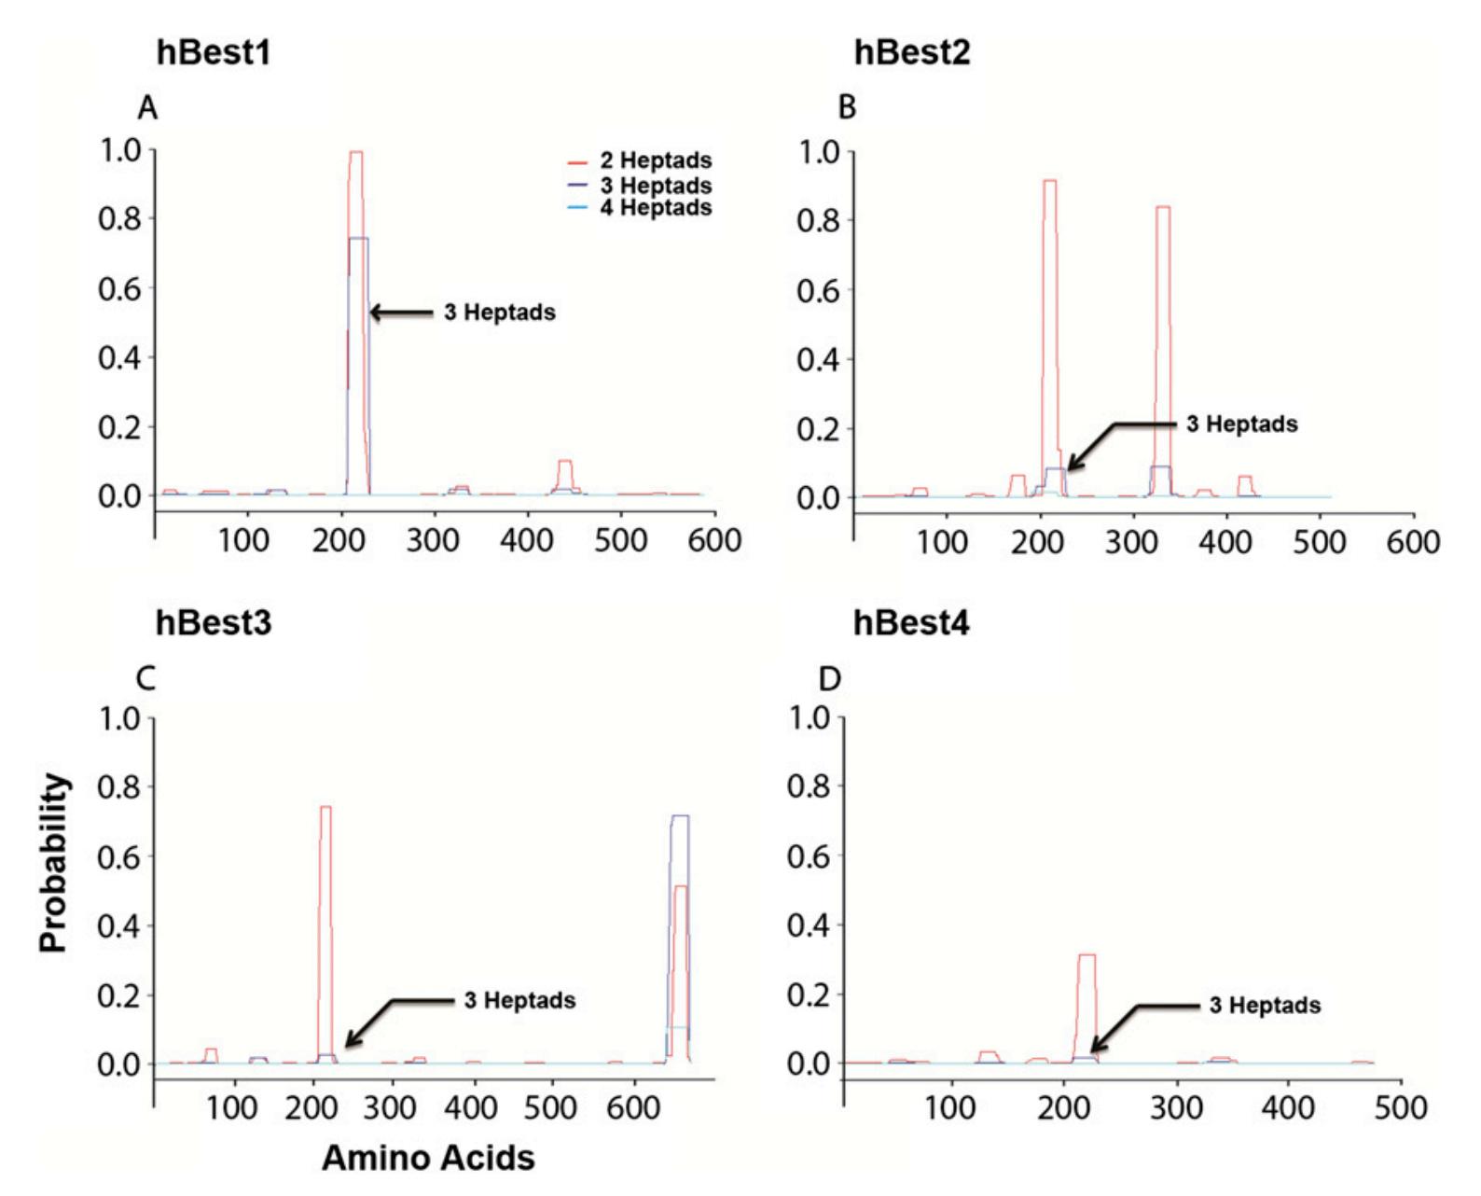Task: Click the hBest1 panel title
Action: pos(214,54)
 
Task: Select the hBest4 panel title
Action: pos(911,623)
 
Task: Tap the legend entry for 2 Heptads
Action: pos(644,161)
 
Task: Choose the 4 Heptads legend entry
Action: pos(644,207)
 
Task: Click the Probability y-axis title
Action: pos(54,862)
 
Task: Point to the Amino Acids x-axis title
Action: pos(428,1158)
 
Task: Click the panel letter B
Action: pos(847,109)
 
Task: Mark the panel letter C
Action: pos(147,679)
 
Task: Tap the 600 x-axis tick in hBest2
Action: pos(1414,542)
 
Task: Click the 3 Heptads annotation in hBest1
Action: pos(499,313)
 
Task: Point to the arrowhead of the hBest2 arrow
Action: pos(1070,467)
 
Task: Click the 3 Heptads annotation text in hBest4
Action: pos(1265,1006)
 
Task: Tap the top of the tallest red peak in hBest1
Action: pos(355,152)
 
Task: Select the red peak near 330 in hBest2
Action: pos(1162,207)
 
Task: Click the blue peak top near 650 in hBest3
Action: pos(680,816)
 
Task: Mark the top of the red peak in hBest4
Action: pos(1087,955)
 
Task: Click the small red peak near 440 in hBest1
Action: pos(564,461)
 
